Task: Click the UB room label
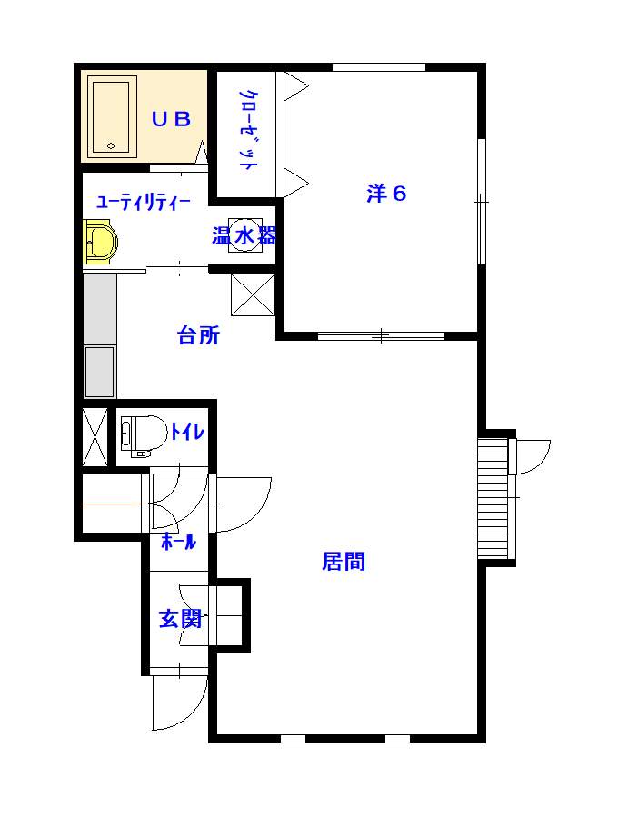170,119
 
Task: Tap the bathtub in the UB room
112,116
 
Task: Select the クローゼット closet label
247,130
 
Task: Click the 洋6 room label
385,194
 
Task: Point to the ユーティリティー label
143,202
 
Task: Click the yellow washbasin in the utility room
101,244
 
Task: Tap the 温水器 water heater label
244,236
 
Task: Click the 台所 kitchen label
198,336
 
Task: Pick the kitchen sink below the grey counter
100,371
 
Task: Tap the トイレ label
187,433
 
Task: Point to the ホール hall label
178,544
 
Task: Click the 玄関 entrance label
180,619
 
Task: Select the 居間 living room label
344,562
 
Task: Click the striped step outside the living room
493,498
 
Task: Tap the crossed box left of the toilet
95,436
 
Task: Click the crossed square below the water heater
252,294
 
